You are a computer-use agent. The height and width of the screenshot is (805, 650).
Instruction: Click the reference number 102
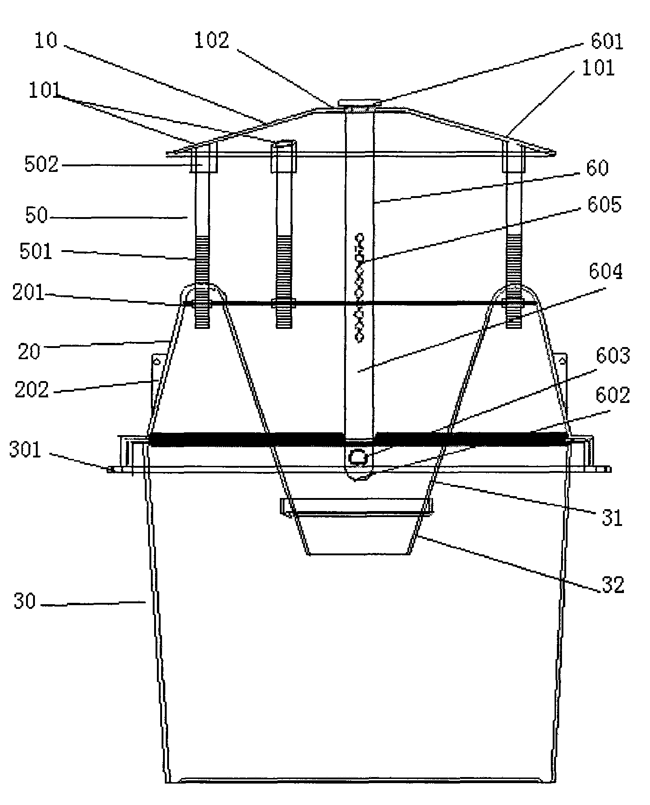click(212, 41)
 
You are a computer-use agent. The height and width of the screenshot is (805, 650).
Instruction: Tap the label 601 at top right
click(606, 42)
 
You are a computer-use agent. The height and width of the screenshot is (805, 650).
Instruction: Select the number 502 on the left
click(41, 165)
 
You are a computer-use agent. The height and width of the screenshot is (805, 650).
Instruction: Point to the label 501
click(36, 252)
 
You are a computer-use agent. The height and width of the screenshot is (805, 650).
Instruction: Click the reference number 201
click(28, 294)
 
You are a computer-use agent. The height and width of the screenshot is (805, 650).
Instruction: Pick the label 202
click(32, 389)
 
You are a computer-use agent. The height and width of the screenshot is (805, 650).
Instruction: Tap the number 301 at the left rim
click(26, 450)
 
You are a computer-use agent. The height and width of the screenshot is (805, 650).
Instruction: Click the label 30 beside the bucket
click(24, 601)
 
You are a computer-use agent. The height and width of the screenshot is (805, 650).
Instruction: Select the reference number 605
click(604, 205)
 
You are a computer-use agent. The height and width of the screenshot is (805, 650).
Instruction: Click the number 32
click(612, 585)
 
